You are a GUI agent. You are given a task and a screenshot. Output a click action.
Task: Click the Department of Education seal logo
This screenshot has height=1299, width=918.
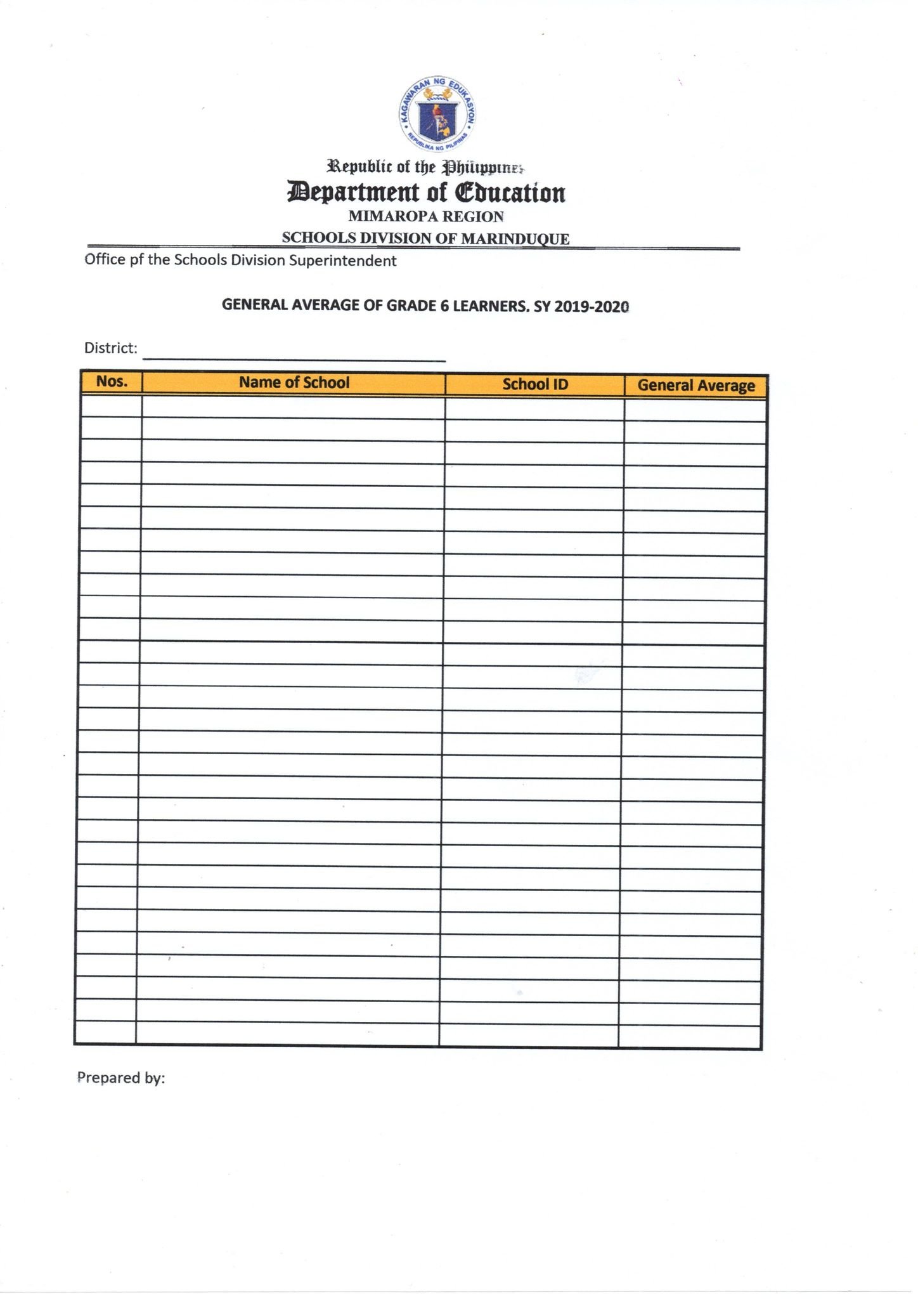(x=437, y=115)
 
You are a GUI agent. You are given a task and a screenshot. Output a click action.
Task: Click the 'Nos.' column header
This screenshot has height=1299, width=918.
(x=112, y=382)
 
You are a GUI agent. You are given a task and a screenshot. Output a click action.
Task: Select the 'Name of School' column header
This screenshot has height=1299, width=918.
(x=294, y=382)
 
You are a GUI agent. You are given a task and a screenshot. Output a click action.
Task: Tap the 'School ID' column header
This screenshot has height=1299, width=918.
(x=534, y=384)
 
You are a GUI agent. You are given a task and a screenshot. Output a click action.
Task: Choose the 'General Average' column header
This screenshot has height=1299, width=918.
(x=695, y=386)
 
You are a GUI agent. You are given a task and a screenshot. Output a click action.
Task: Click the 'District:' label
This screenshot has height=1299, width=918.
(x=111, y=348)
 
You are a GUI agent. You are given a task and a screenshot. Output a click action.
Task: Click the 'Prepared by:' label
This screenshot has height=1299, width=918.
(x=120, y=1078)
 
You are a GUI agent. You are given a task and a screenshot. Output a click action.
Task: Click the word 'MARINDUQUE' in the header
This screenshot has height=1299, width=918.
(x=515, y=238)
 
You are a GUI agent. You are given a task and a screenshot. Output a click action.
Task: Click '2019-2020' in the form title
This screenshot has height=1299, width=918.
(x=592, y=306)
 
